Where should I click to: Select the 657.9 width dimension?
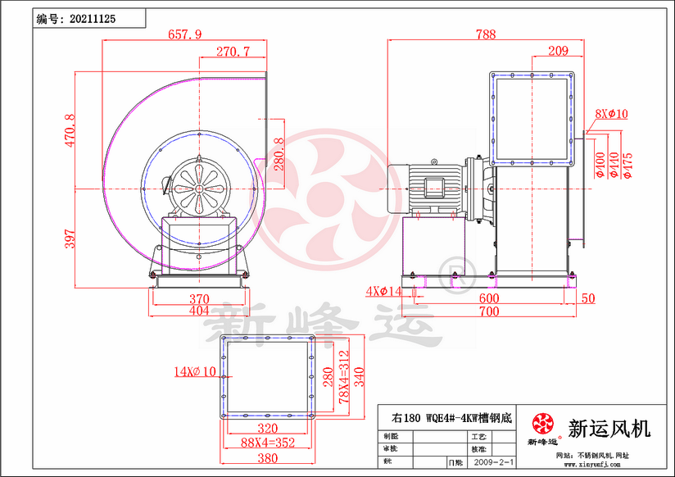point(183,34)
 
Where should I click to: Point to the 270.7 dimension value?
point(233,52)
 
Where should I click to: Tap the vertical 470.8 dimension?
point(70,130)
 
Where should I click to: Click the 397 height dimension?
point(70,238)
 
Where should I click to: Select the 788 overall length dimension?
point(486,34)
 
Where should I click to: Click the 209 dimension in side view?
point(558,52)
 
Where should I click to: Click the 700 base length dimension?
point(489,312)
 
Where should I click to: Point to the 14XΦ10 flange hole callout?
point(193,370)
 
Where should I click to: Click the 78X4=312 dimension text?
point(343,378)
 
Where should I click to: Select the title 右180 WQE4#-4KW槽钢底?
point(451,416)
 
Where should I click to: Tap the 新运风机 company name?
point(609,427)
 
